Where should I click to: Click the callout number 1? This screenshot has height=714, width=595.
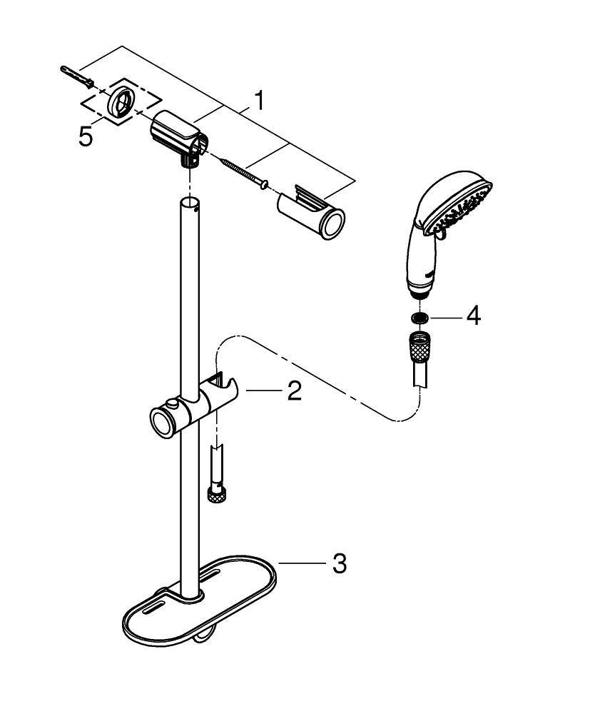coord(258,101)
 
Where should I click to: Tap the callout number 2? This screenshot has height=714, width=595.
coord(295,391)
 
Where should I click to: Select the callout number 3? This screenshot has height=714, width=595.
coord(339,563)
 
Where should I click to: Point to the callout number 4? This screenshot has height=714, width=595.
coord(473,316)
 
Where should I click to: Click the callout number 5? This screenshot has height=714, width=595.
coord(85,136)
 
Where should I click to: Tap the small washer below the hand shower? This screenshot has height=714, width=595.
coord(419,318)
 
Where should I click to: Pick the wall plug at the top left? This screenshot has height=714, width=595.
coord(76,76)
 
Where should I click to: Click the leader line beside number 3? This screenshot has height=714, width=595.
coord(302,564)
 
